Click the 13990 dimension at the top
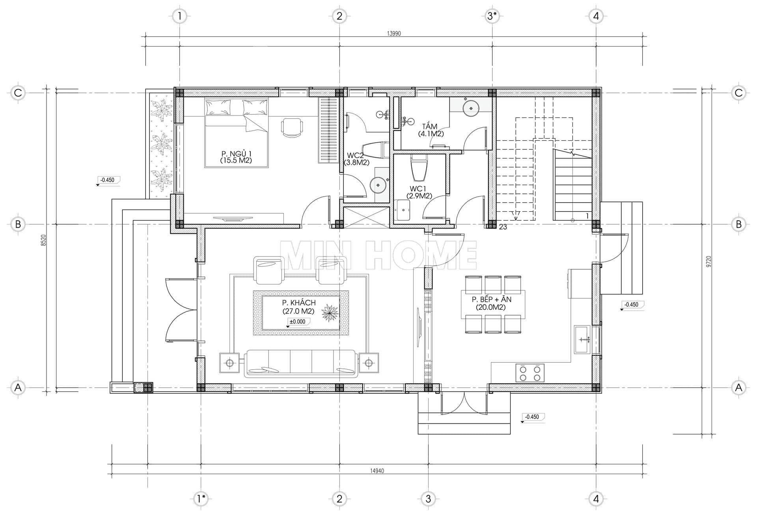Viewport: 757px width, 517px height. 394,33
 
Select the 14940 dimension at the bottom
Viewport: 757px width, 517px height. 377,471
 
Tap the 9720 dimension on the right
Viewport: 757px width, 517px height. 708,262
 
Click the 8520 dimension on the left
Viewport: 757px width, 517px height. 44,240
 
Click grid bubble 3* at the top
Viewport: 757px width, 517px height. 492,16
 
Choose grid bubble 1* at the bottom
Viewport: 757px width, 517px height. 201,499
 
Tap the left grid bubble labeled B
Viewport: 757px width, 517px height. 18,224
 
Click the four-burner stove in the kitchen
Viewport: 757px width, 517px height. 530,373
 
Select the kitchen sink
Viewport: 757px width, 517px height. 582,339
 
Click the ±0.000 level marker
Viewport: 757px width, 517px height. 297,322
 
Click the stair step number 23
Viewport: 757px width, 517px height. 503,227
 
